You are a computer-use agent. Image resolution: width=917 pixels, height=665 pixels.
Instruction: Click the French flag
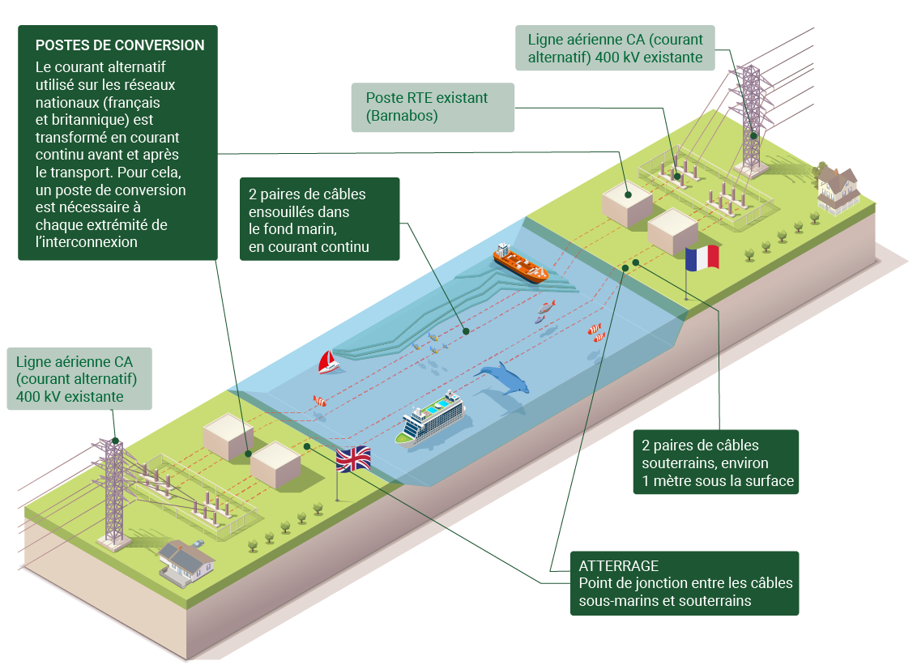point(702,258)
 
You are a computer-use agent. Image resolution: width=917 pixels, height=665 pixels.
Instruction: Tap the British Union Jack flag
point(353,458)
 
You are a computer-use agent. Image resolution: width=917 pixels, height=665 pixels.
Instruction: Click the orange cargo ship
point(520,263)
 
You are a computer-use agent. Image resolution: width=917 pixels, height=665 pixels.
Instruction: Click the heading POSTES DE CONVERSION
point(120,45)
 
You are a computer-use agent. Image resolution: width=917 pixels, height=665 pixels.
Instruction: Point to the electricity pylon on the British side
point(115,494)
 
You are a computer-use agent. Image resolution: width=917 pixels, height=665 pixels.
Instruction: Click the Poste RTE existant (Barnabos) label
point(433,107)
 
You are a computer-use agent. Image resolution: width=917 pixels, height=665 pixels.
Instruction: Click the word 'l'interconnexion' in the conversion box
point(87,242)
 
